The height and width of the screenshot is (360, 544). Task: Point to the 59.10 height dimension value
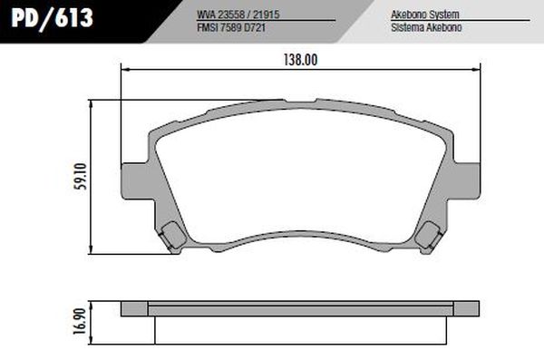coord(83,175)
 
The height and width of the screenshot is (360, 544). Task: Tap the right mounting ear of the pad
coord(466,179)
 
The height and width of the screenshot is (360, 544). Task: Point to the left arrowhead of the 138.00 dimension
coord(124,68)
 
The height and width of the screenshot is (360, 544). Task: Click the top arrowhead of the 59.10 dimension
coord(95,102)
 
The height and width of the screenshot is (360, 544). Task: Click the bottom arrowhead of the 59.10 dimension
coord(95,253)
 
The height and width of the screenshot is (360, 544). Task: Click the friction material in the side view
coord(299,316)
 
